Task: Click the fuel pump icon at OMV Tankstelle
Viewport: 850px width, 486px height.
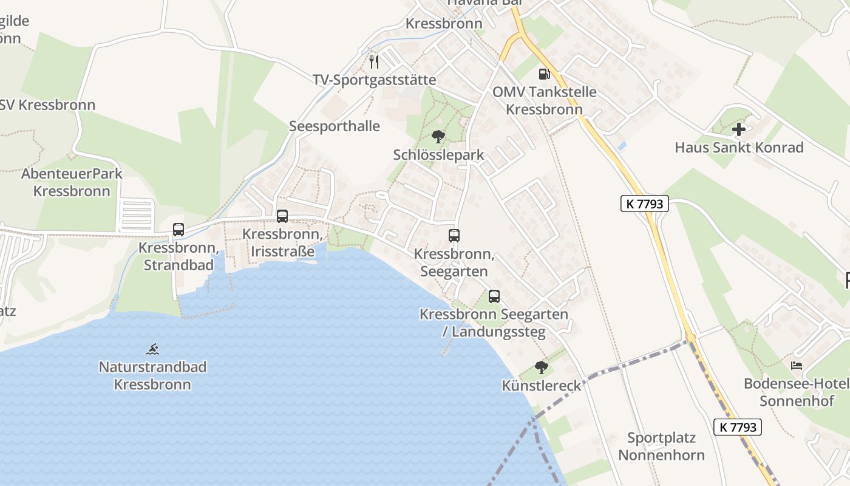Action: pyautogui.click(x=544, y=74)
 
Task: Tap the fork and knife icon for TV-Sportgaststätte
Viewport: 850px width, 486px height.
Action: pyautogui.click(x=374, y=61)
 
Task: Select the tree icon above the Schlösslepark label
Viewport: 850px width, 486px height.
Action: pyautogui.click(x=438, y=137)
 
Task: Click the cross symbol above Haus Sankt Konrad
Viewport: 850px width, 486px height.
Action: pyautogui.click(x=739, y=129)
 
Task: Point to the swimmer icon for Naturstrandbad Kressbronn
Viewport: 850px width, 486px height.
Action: pyautogui.click(x=152, y=349)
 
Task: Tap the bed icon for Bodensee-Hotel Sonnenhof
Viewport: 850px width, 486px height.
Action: pyautogui.click(x=797, y=366)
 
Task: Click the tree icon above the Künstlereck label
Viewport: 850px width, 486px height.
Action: pyautogui.click(x=541, y=368)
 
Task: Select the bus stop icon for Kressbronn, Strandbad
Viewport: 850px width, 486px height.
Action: pyautogui.click(x=178, y=230)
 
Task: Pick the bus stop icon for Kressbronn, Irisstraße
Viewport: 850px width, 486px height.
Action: pyautogui.click(x=282, y=216)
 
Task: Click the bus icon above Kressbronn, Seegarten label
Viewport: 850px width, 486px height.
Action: pyautogui.click(x=454, y=236)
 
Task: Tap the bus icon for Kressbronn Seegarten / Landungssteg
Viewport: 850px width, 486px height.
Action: pyautogui.click(x=494, y=296)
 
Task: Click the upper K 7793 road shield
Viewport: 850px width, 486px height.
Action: pyautogui.click(x=644, y=204)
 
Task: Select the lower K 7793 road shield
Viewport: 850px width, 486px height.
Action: pyautogui.click(x=738, y=427)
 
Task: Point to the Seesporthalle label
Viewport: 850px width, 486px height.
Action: pyautogui.click(x=335, y=126)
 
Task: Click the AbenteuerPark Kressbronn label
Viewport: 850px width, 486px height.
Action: pyautogui.click(x=72, y=182)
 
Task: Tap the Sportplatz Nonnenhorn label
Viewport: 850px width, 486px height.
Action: pyautogui.click(x=661, y=447)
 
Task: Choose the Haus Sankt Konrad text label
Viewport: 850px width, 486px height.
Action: pyautogui.click(x=739, y=148)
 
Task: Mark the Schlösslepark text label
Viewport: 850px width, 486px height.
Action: pyautogui.click(x=438, y=155)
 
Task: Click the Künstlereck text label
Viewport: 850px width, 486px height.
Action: pyautogui.click(x=542, y=386)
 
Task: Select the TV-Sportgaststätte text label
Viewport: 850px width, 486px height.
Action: pyautogui.click(x=374, y=80)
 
